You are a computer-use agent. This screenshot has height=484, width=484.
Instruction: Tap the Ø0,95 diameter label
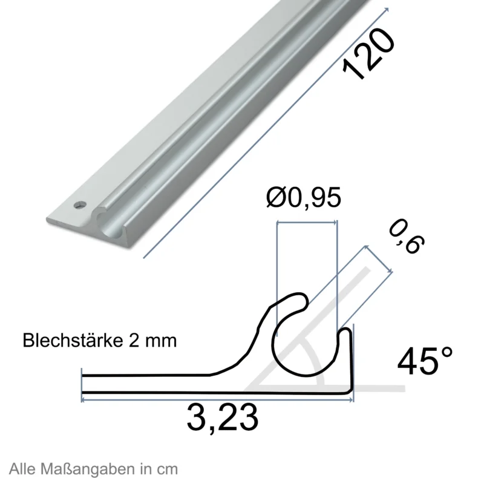(304, 197)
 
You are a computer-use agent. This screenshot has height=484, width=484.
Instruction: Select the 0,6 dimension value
(406, 237)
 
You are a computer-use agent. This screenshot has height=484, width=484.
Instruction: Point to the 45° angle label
(425, 361)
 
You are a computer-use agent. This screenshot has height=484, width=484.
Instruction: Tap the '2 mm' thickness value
(152, 341)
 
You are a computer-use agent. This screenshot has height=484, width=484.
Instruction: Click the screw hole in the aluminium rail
(80, 204)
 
